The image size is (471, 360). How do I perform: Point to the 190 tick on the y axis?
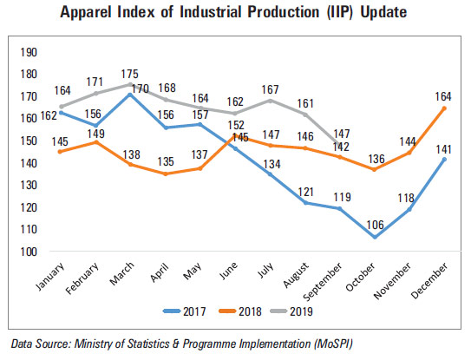tap(28, 52)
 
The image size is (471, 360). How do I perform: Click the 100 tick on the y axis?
tap(28, 252)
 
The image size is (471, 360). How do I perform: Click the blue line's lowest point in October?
tap(374, 238)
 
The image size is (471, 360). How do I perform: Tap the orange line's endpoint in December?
tap(445, 108)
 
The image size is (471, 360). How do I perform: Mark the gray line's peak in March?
tap(130, 84)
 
